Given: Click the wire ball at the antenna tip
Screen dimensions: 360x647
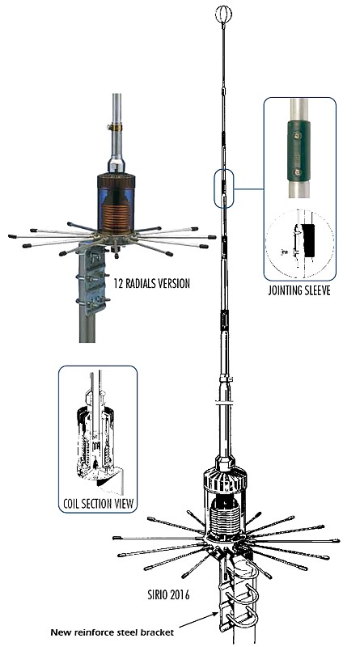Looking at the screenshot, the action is [223, 15].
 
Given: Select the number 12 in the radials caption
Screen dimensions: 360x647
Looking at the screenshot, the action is [118, 284].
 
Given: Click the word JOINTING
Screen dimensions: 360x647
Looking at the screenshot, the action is [286, 290].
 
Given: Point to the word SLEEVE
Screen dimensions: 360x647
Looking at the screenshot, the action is [318, 290].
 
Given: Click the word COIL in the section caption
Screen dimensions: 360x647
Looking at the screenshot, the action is [72, 503].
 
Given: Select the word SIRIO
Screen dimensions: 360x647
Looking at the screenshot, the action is [156, 595].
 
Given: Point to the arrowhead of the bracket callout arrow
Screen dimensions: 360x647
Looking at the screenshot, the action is [217, 615].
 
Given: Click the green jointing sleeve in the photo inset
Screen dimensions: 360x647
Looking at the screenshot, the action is [299, 151].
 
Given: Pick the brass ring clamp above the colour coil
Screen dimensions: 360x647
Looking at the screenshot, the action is [116, 128].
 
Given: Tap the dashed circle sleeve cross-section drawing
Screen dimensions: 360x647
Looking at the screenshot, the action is [300, 245].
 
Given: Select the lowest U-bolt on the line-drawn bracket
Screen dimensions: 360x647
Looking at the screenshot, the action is [243, 622].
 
